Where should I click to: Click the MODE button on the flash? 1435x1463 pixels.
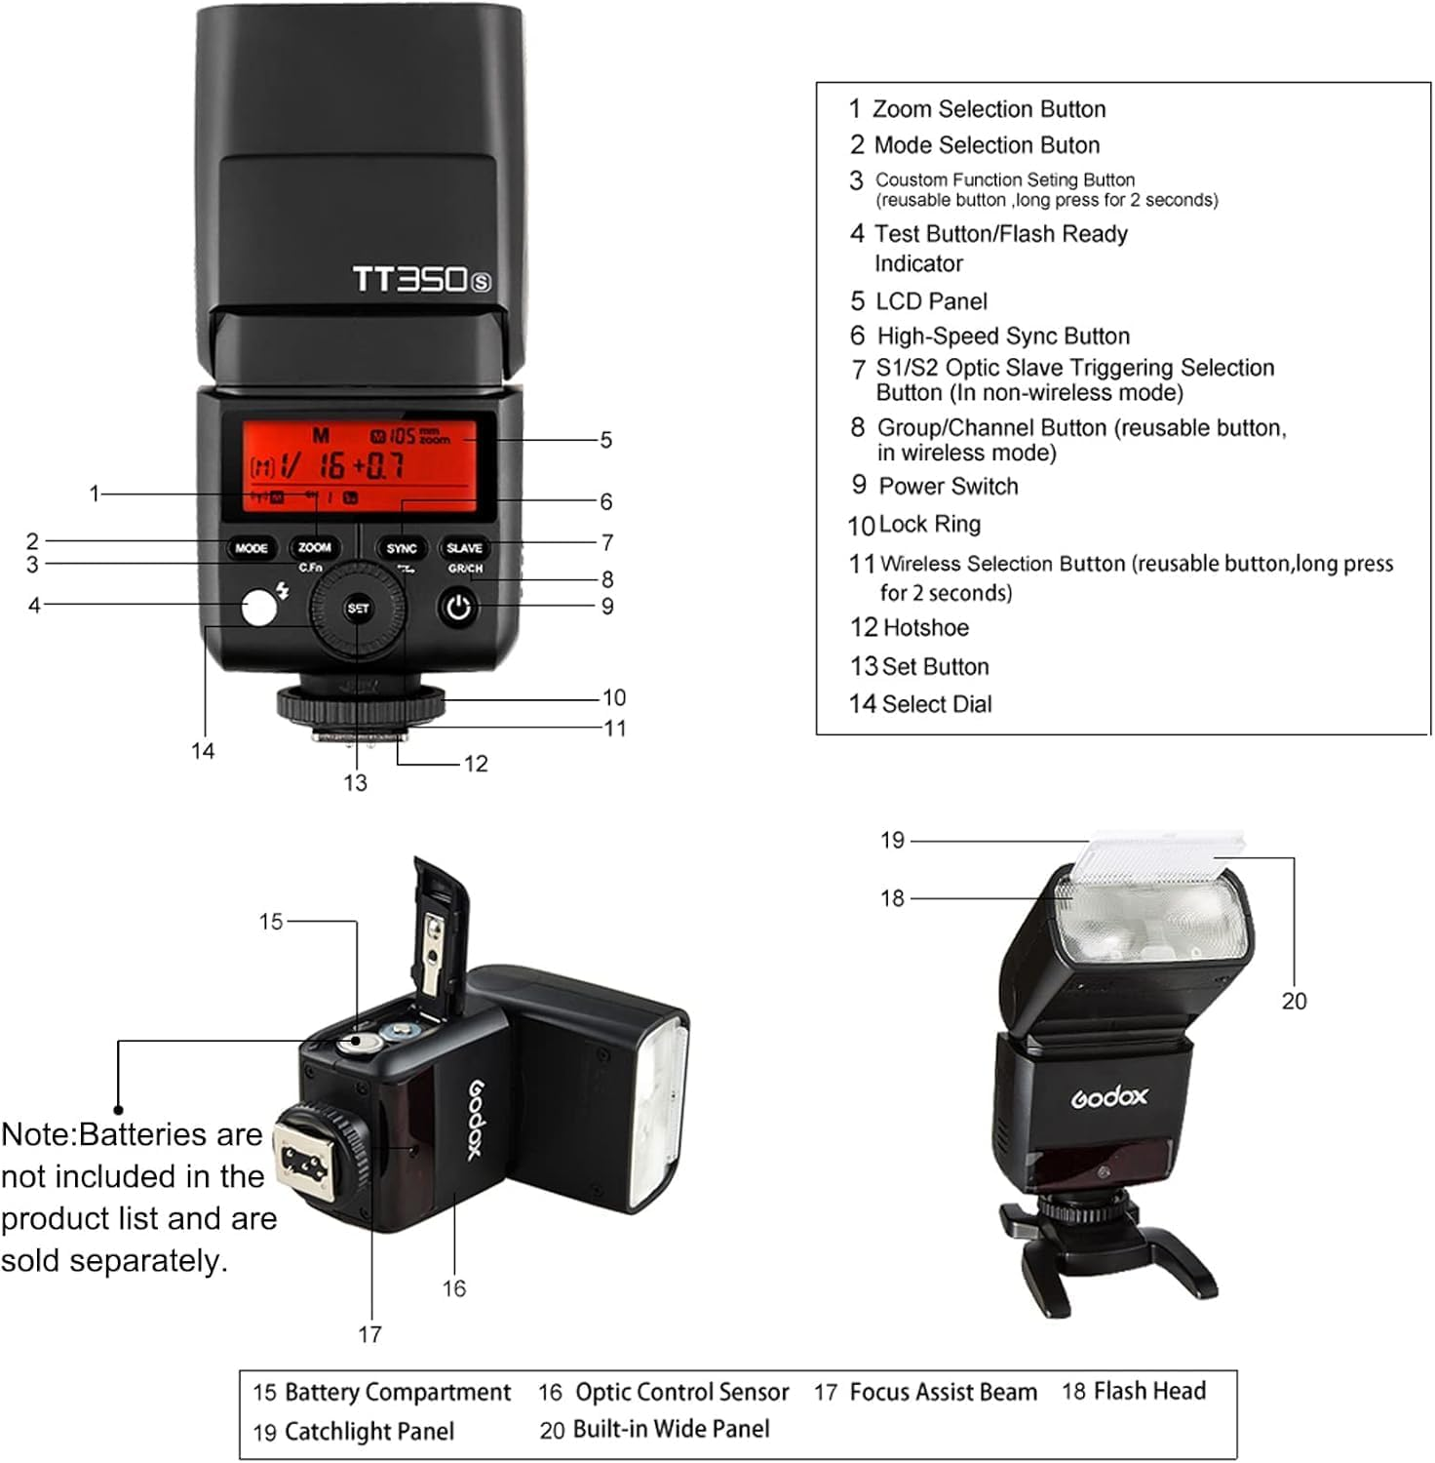pyautogui.click(x=251, y=548)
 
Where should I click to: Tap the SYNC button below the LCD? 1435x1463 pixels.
pyautogui.click(x=401, y=548)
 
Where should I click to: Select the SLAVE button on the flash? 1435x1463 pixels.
pyautogui.click(x=464, y=548)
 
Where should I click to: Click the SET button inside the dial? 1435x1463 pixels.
pyautogui.click(x=358, y=609)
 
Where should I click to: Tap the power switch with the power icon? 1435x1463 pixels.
pyautogui.click(x=458, y=608)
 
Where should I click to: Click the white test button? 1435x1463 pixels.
pyautogui.click(x=258, y=609)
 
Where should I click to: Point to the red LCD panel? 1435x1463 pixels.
pyautogui.click(x=359, y=466)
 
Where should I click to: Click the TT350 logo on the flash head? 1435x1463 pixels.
pyautogui.click(x=421, y=280)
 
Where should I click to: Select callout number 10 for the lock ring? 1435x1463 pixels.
pyautogui.click(x=614, y=698)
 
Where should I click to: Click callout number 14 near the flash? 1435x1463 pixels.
pyautogui.click(x=203, y=751)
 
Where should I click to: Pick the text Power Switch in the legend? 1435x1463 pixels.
pyautogui.click(x=948, y=487)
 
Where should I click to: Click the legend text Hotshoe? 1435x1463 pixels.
pyautogui.click(x=924, y=628)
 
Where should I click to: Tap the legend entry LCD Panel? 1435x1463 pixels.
pyautogui.click(x=931, y=301)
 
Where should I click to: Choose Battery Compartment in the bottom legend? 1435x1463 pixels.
pyautogui.click(x=397, y=1393)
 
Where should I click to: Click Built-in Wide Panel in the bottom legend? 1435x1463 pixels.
pyautogui.click(x=671, y=1430)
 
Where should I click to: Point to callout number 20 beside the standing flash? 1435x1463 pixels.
pyautogui.click(x=1294, y=1002)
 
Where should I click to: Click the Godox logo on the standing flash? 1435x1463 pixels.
pyautogui.click(x=1109, y=1097)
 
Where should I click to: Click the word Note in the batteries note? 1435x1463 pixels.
pyautogui.click(x=37, y=1135)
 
